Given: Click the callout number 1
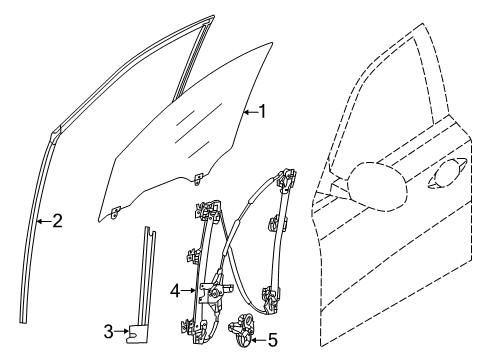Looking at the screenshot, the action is (263, 111).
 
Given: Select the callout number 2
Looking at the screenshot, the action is (57, 221).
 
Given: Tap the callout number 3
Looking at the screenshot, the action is (108, 332).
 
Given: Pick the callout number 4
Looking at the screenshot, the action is (175, 291).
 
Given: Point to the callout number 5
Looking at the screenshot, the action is (273, 340).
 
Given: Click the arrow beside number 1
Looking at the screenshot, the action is (251, 113).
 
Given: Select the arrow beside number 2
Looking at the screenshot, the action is (44, 221).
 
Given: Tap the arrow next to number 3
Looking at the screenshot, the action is (122, 331).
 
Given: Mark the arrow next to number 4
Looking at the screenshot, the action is (189, 291).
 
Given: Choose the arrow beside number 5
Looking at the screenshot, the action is (259, 340).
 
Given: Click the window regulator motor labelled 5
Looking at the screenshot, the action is (241, 330).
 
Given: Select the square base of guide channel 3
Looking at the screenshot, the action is (134, 334).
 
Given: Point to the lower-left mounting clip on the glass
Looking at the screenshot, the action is (115, 212).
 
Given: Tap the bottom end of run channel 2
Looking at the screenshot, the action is (23, 321).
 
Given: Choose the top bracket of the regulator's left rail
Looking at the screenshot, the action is (208, 209).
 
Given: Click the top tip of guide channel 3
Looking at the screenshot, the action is (147, 228).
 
